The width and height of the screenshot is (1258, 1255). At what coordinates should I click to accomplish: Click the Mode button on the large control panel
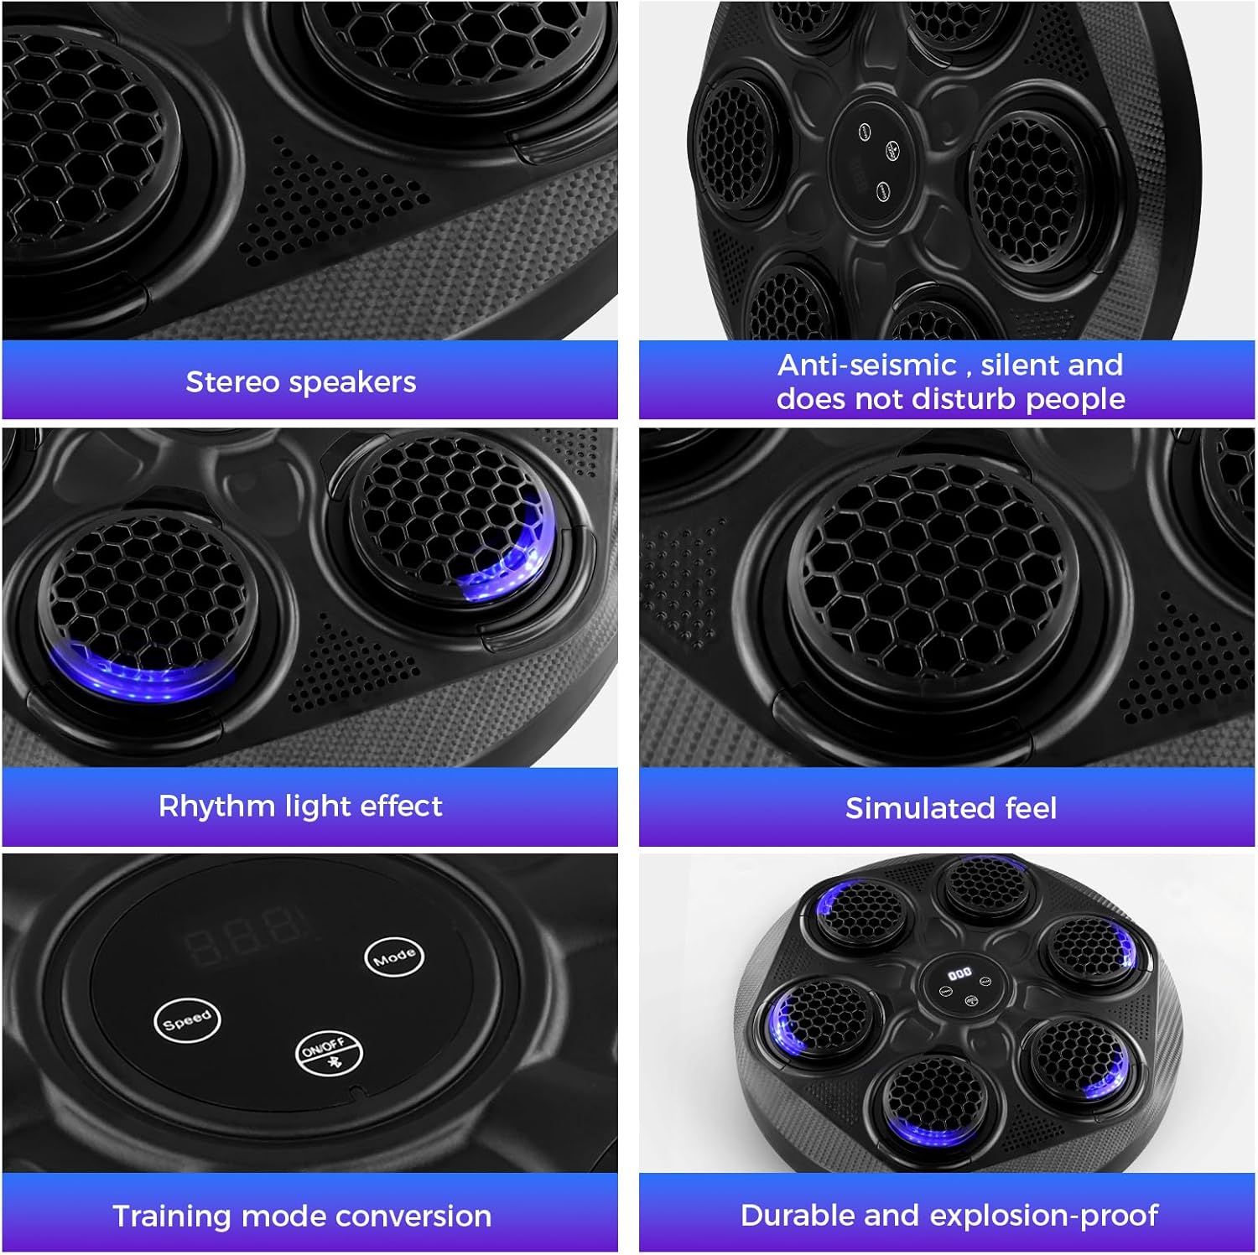[393, 957]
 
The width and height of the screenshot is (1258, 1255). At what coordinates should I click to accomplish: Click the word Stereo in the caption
[232, 381]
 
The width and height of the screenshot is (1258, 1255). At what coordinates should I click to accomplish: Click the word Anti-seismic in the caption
[867, 365]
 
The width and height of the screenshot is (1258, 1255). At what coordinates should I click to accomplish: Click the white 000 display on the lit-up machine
[959, 973]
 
